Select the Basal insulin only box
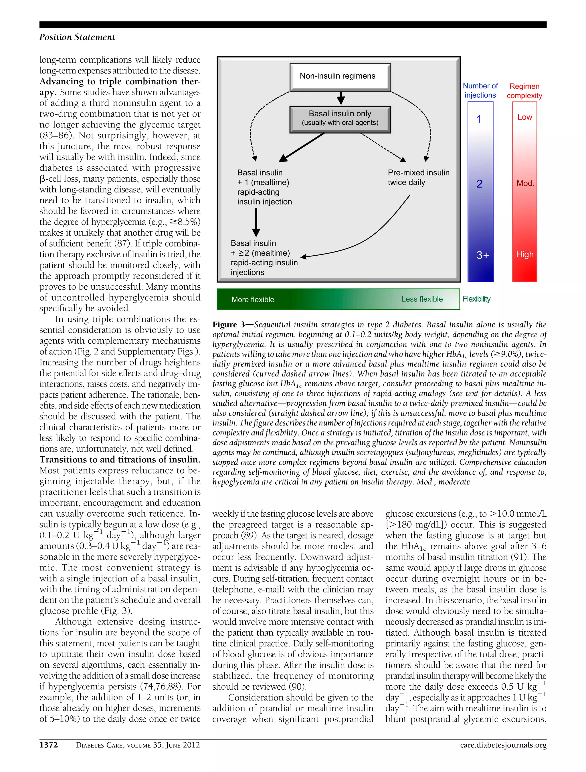[340, 119]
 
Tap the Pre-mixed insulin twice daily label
[418, 177]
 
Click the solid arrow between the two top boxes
[341, 98]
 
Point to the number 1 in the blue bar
[478, 119]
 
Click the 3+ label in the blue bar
[482, 255]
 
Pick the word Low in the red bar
[524, 117]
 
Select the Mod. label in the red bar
[525, 183]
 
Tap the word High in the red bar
[524, 254]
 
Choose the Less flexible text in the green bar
[421, 299]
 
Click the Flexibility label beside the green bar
[476, 299]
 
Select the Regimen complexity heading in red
[524, 91]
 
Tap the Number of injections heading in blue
[480, 90]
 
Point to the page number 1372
[49, 745]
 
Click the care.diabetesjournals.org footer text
[503, 745]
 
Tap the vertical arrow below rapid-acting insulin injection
[256, 222]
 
